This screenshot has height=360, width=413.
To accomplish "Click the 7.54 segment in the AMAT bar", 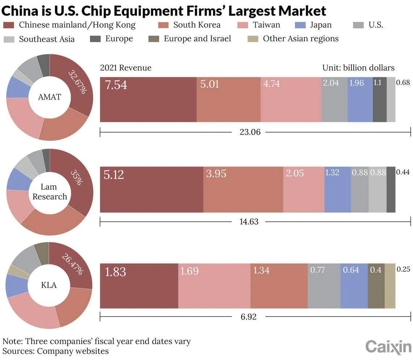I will (x=148, y=100).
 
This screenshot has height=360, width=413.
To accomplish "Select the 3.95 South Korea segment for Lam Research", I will (x=243, y=189).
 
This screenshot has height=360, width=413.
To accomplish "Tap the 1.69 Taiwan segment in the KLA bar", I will (x=214, y=286).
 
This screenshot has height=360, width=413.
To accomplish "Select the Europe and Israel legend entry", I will (x=197, y=39).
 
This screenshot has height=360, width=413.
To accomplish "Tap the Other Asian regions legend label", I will (x=301, y=39).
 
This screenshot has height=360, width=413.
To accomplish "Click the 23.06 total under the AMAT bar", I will (x=250, y=132).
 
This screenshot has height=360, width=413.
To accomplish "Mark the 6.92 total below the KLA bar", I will (x=249, y=317).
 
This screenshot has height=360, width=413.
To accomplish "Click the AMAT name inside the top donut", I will (x=50, y=97).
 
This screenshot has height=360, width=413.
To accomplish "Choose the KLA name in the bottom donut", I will (x=49, y=285).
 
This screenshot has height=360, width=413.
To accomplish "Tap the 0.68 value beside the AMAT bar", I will (x=403, y=83).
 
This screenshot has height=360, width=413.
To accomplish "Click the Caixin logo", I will (x=388, y=347).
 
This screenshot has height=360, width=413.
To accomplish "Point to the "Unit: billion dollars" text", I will (x=358, y=68).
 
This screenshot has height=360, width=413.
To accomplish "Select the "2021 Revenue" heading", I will (x=126, y=68).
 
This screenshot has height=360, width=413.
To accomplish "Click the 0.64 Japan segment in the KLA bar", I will (x=354, y=286).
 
